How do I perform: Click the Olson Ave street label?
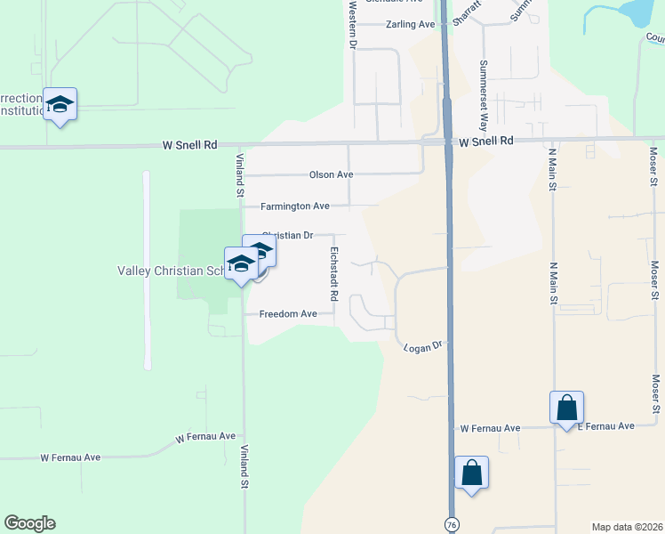coord(331,175)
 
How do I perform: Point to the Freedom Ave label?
coord(288,314)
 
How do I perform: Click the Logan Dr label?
coord(422,344)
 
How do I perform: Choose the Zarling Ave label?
coord(410,25)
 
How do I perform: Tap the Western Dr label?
coord(353,25)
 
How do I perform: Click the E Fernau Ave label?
coord(606,427)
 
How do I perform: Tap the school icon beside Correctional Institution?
coord(60,105)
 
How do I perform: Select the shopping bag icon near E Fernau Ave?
coord(567,409)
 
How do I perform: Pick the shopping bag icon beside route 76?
coord(472,473)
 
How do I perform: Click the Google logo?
coord(29,523)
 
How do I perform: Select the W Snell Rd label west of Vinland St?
coord(189,144)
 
